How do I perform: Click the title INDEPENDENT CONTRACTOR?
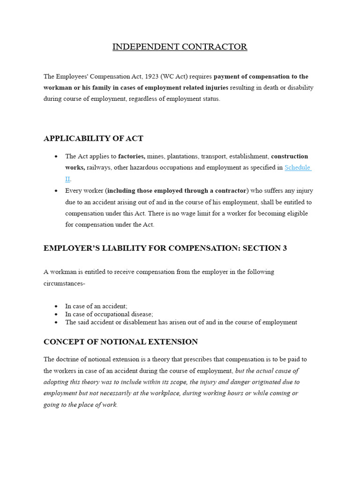coord(180,47)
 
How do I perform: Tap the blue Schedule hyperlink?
coord(298,167)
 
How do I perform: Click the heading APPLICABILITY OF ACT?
coord(93,138)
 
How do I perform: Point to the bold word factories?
coord(131,156)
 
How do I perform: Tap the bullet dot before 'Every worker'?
coord(56,191)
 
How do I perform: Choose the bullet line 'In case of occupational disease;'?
coord(109,314)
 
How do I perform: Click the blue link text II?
coord(67,179)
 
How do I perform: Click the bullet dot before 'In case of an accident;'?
coord(56,306)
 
